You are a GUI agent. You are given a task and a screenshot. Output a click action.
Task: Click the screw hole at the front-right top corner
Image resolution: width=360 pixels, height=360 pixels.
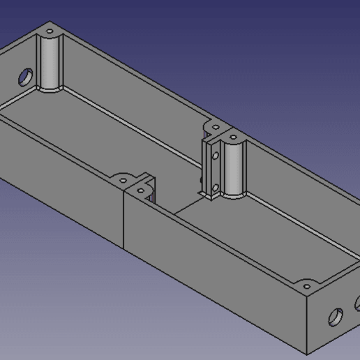[306, 285]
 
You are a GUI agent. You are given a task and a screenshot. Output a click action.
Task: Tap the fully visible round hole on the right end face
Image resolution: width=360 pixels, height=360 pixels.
[336, 318]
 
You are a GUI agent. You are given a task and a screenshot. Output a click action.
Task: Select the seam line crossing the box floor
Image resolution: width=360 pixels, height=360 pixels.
[188, 203]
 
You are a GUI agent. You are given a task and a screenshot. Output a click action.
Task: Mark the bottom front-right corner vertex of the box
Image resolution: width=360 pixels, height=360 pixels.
[306, 354]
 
